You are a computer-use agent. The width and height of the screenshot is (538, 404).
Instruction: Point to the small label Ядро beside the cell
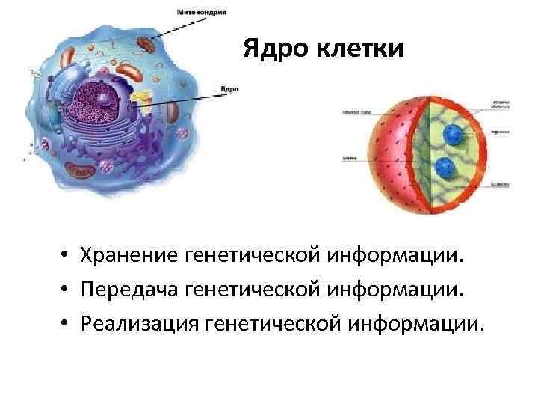point(229,88)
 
